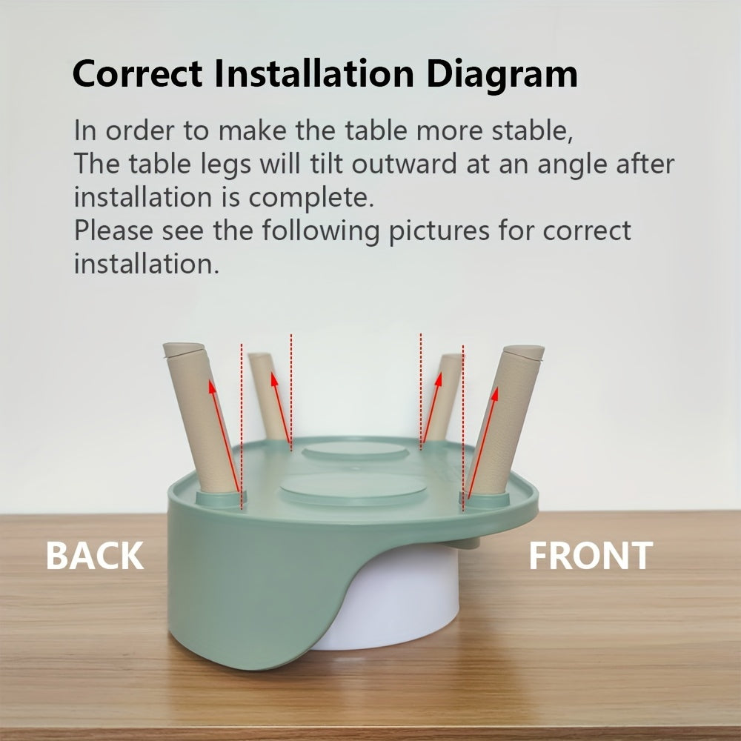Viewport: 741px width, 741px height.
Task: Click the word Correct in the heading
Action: click(x=138, y=73)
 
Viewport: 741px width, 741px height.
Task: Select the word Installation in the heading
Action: click(x=314, y=73)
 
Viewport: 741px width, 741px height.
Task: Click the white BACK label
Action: click(x=95, y=556)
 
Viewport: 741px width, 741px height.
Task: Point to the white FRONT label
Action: click(x=591, y=556)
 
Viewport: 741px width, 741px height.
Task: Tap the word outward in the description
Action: click(x=405, y=164)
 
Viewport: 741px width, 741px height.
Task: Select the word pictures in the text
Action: click(x=439, y=231)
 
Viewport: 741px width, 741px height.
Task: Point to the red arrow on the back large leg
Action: click(x=225, y=437)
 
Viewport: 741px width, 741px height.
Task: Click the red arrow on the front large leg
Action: click(x=482, y=443)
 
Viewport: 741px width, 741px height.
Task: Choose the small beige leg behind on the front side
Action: click(x=444, y=398)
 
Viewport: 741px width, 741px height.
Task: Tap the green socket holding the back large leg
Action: click(x=221, y=499)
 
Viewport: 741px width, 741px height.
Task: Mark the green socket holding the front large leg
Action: click(x=485, y=499)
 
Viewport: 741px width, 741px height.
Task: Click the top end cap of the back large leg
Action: click(x=184, y=349)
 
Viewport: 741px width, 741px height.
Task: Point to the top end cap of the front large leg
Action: click(x=524, y=351)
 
